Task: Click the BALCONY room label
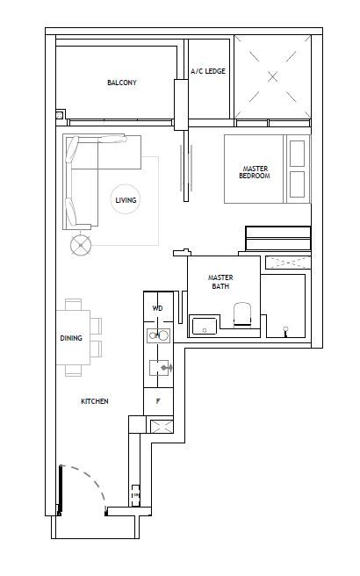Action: click(x=121, y=83)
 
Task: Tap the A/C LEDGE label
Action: click(x=208, y=71)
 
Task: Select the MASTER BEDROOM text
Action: click(x=255, y=172)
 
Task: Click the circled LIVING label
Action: click(x=126, y=200)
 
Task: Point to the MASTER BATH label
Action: click(x=220, y=282)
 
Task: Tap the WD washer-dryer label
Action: click(x=157, y=308)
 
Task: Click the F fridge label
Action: click(x=158, y=401)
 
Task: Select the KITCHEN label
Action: click(x=95, y=401)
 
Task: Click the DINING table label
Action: click(x=71, y=338)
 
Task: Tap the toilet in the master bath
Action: click(x=242, y=314)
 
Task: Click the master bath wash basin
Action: click(x=205, y=326)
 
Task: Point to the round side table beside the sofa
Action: click(x=81, y=245)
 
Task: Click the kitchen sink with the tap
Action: click(x=160, y=367)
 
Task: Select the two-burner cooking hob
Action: click(x=158, y=335)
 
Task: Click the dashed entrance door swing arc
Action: click(x=90, y=482)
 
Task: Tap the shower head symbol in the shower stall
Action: click(x=285, y=331)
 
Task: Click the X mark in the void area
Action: click(x=272, y=76)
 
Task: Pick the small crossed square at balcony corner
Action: click(x=60, y=115)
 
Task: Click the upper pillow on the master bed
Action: click(x=297, y=153)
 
